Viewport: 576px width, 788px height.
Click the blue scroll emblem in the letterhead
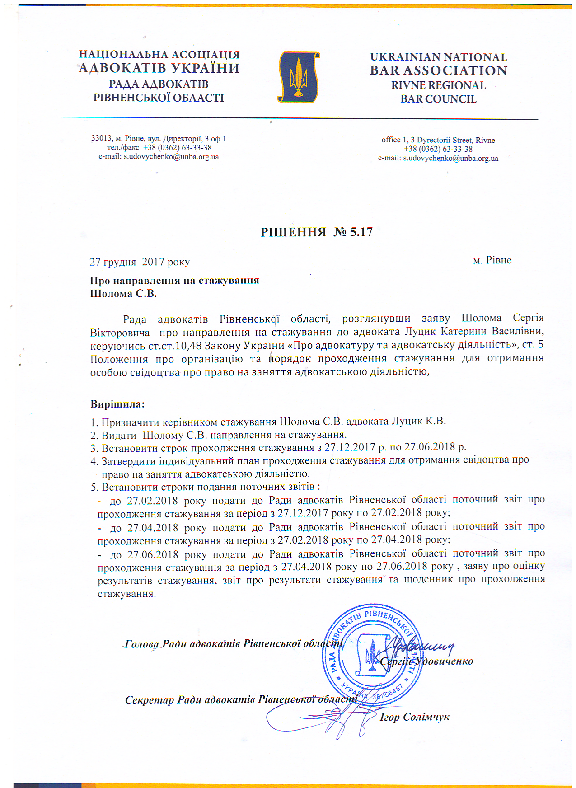click(x=298, y=77)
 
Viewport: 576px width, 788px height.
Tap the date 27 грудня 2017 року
click(x=140, y=262)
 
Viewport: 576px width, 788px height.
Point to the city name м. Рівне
click(x=492, y=260)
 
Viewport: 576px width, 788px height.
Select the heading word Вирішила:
click(x=117, y=404)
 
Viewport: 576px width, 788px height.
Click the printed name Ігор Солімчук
click(x=414, y=717)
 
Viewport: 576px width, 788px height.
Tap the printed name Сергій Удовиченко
click(x=426, y=661)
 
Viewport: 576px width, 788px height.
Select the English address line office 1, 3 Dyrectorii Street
click(x=438, y=140)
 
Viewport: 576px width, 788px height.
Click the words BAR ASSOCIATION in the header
click(x=438, y=71)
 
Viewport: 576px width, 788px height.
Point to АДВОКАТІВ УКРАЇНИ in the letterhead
click(x=159, y=69)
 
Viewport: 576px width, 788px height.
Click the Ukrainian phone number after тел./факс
click(x=177, y=148)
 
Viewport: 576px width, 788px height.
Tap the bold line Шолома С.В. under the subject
click(x=123, y=294)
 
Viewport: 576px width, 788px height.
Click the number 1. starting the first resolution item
click(x=94, y=422)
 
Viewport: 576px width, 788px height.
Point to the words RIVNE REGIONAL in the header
click(x=438, y=85)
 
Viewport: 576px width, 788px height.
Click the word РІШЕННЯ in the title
click(x=293, y=232)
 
